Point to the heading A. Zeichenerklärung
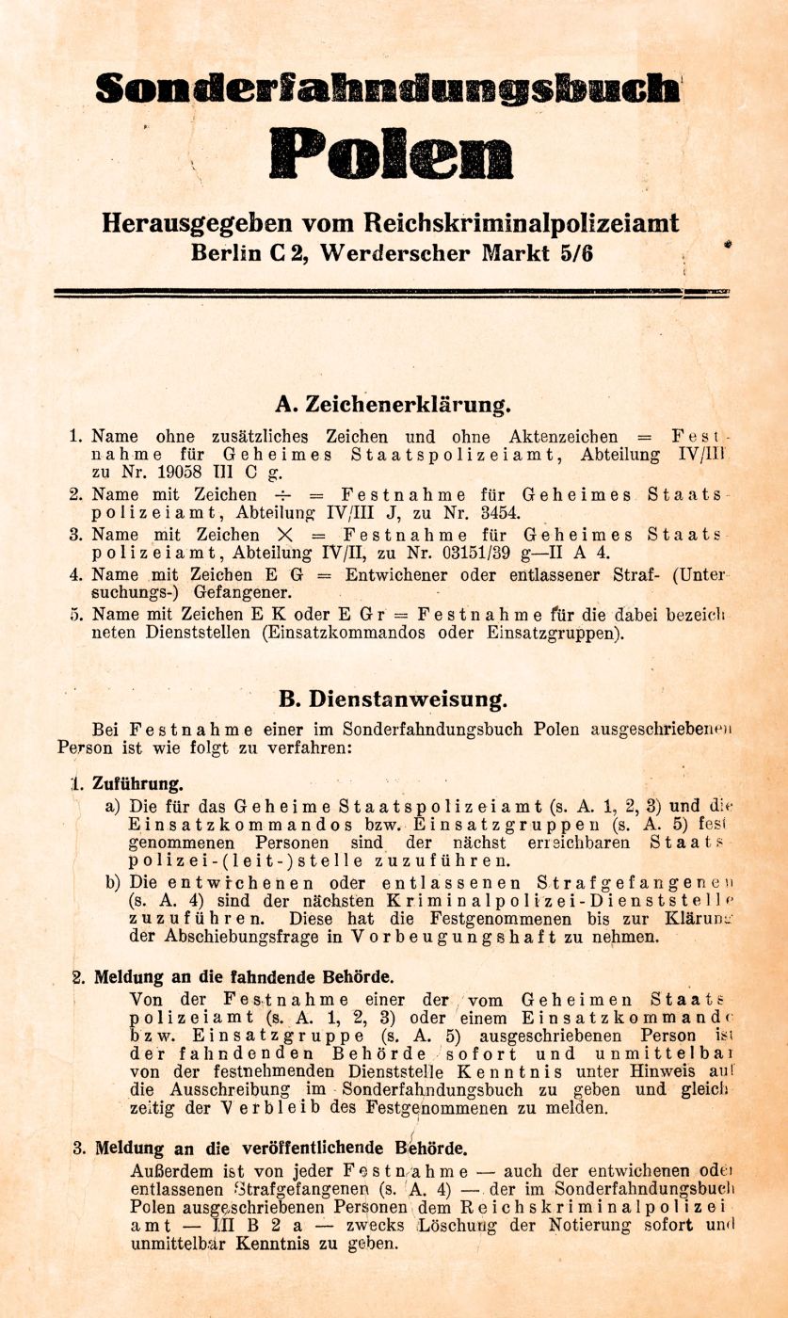pos(394,406)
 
